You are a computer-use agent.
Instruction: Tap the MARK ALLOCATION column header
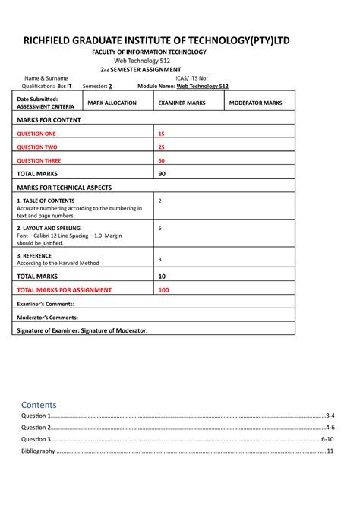(112, 102)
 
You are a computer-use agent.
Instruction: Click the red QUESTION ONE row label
(37, 134)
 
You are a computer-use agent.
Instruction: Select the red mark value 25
(161, 147)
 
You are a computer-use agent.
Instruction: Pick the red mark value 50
(161, 160)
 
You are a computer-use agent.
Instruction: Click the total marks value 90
(162, 174)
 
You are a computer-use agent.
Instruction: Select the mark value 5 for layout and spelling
(159, 228)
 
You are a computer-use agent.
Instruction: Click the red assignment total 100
(163, 289)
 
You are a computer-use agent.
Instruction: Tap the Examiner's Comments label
(48, 303)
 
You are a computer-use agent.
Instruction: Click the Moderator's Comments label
(48, 317)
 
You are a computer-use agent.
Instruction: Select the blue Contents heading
(39, 405)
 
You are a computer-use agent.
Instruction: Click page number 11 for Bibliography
(330, 451)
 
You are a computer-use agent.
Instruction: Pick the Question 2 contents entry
(36, 428)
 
